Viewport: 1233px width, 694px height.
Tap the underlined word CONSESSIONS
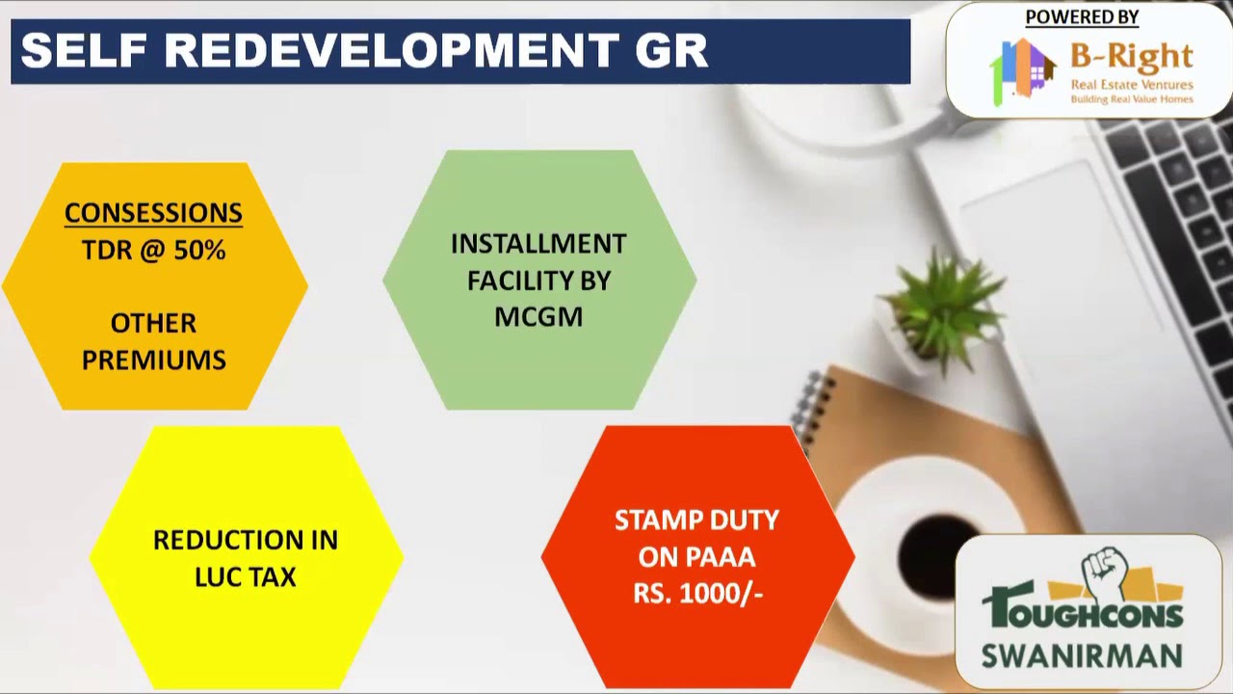[153, 213]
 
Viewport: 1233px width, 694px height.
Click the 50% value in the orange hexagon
[200, 251]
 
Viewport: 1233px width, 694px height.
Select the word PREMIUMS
[153, 360]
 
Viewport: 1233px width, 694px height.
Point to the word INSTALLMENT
[538, 244]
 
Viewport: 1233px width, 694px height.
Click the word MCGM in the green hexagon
[538, 317]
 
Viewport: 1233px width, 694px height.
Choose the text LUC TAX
[245, 577]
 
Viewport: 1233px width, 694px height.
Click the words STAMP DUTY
[696, 520]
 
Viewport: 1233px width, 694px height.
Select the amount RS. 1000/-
[697, 594]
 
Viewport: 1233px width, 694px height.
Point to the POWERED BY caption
[1082, 17]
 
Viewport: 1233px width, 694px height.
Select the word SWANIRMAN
[1081, 655]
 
